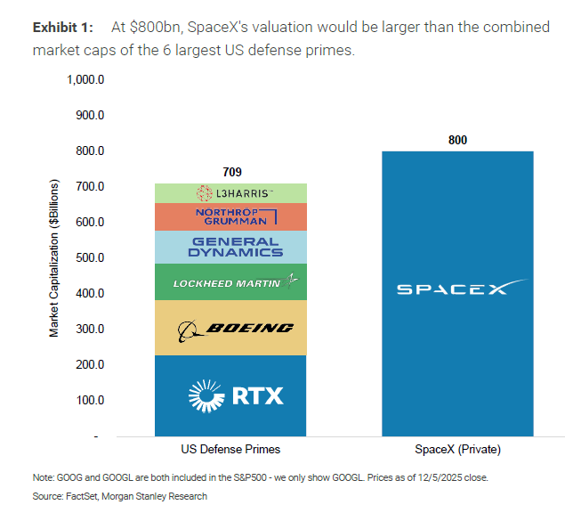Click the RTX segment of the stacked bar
pos(230,395)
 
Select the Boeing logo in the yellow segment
pos(236,330)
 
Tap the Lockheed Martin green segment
pos(230,281)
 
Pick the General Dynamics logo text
pos(235,247)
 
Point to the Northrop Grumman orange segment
pos(230,216)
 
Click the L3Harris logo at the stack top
pos(235,193)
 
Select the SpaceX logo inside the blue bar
pos(463,287)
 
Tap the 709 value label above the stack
pos(232,172)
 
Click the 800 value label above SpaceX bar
pos(457,140)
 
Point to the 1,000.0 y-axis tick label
pos(85,80)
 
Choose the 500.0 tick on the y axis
pos(90,257)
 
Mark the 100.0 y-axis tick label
pos(90,400)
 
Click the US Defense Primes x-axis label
pos(230,449)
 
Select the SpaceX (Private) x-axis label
pos(457,450)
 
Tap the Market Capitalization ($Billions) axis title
pos(54,258)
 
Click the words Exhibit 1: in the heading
pos(63,28)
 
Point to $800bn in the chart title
pos(155,28)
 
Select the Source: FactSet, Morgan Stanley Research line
pos(119,496)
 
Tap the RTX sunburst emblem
pos(206,395)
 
